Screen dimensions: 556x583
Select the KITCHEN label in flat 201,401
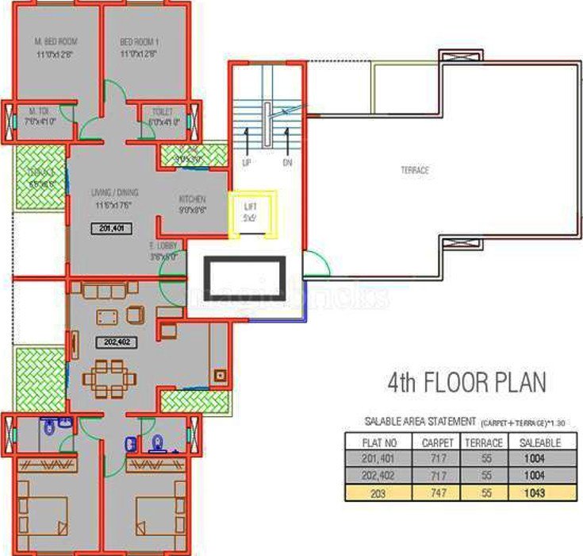(x=192, y=199)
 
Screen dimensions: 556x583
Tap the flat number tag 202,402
(x=111, y=343)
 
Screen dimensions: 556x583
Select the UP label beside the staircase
(x=247, y=162)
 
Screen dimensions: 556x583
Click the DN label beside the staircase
(x=287, y=162)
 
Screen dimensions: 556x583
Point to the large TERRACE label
(x=415, y=170)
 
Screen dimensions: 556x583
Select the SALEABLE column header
(x=539, y=442)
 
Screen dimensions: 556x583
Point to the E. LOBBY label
(x=163, y=246)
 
